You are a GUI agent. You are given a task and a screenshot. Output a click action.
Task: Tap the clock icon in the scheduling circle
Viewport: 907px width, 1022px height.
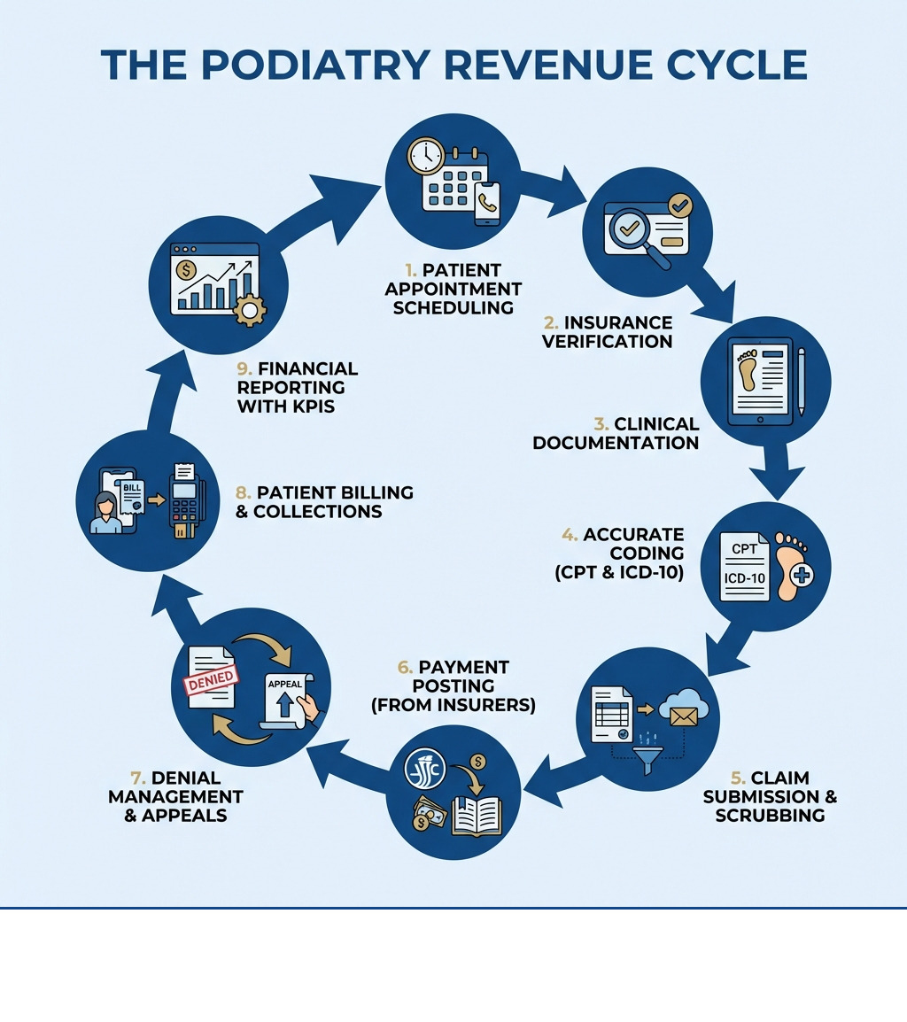point(425,156)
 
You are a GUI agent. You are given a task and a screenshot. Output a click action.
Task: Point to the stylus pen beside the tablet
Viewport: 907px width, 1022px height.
point(801,381)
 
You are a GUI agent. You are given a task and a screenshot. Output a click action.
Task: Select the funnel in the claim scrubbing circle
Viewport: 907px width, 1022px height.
point(649,758)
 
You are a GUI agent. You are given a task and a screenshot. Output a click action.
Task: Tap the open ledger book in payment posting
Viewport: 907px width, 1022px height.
point(477,815)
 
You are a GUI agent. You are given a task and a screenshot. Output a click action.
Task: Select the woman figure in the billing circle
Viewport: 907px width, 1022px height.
point(106,514)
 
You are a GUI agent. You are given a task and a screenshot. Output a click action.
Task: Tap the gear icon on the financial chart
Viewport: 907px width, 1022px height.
point(250,310)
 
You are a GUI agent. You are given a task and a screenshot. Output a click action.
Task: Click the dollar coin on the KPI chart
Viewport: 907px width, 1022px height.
point(188,270)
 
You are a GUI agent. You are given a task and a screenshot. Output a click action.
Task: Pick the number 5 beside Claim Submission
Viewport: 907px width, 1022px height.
point(737,778)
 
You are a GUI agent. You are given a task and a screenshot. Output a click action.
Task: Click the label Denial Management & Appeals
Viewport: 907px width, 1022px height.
point(175,796)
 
